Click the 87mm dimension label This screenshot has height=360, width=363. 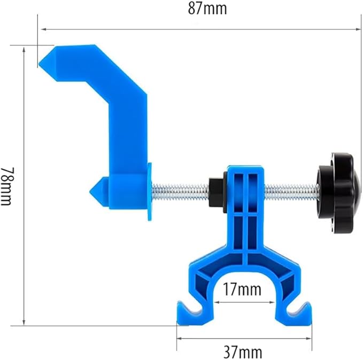click(200, 9)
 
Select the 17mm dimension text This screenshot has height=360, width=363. click(243, 290)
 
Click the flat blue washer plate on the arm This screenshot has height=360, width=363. click(149, 190)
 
